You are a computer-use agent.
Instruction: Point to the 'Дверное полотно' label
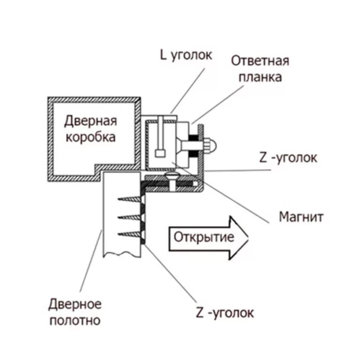75,312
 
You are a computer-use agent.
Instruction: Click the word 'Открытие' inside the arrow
203,237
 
